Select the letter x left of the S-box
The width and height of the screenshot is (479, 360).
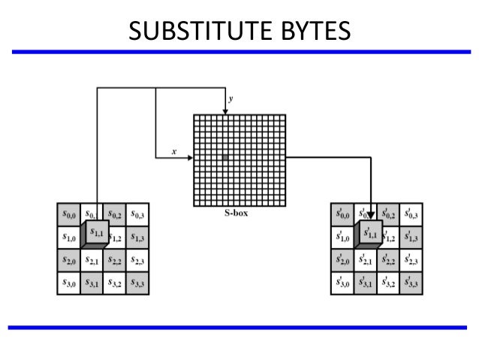[173, 151]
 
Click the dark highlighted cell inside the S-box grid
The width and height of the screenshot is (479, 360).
[224, 158]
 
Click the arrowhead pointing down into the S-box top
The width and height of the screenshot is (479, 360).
[225, 110]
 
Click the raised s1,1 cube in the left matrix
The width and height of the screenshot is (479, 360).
[98, 234]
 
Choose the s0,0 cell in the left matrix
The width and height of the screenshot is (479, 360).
[70, 214]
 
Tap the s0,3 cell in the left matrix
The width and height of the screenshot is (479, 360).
[137, 214]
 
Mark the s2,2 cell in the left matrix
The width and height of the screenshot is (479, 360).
[115, 262]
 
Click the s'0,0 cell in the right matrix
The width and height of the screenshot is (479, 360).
[342, 214]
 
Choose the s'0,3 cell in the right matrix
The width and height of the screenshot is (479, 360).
[410, 214]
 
